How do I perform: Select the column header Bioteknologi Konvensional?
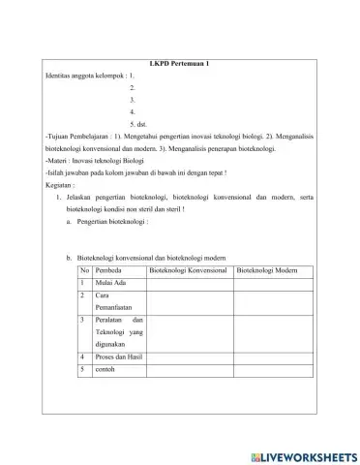pos(189,270)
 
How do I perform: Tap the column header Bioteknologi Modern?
pos(266,270)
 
